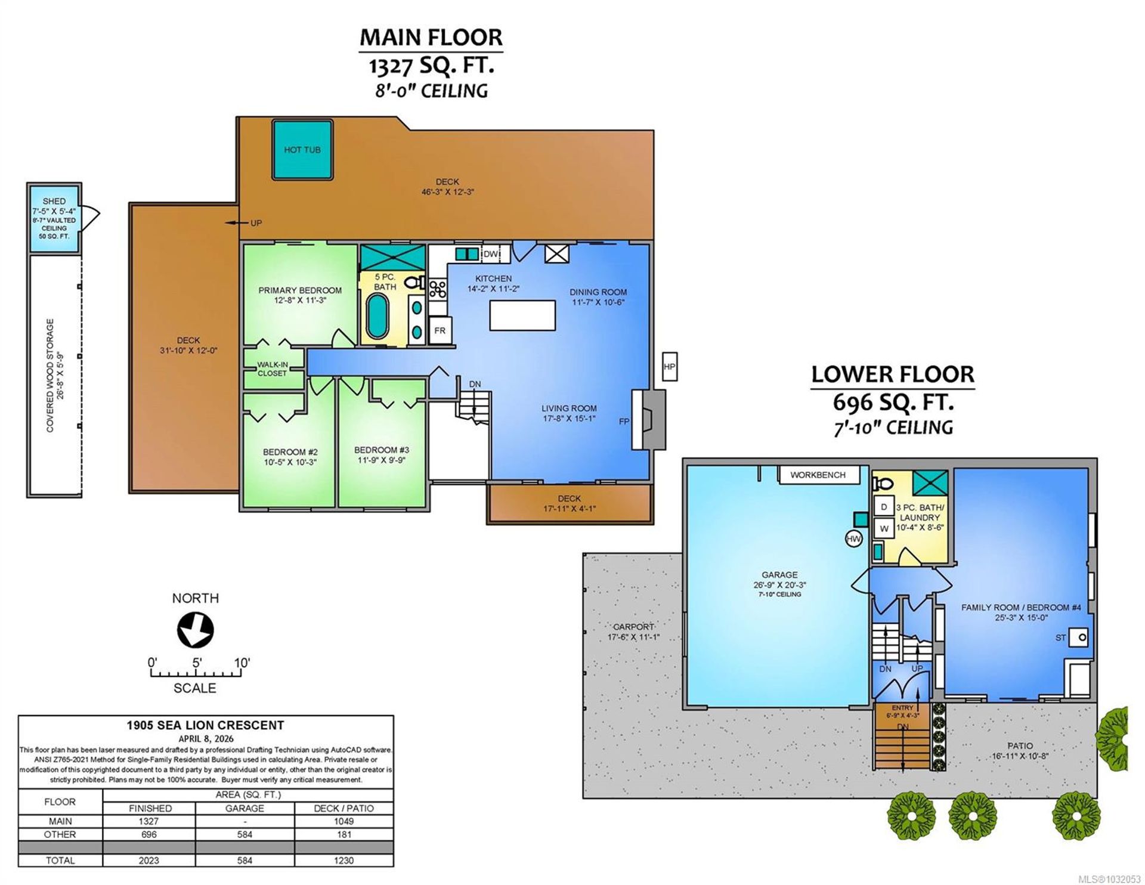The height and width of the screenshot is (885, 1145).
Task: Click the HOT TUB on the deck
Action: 302,150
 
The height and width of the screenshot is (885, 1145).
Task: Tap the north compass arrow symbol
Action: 195,630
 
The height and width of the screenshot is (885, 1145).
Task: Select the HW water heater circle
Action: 854,539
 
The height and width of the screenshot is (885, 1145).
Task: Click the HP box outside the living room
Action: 669,367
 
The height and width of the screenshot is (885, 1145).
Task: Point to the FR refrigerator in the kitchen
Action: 440,330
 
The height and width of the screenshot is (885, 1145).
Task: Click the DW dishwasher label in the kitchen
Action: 491,254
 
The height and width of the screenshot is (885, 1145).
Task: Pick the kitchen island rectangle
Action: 523,315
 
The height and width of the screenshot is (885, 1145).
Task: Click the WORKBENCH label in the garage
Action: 818,475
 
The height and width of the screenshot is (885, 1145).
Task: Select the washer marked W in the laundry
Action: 884,528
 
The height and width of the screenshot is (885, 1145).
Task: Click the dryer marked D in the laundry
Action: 884,507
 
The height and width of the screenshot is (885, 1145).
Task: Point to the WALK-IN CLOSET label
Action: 272,369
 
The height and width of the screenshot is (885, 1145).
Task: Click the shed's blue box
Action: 54,218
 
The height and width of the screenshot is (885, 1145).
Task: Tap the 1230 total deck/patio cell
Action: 343,860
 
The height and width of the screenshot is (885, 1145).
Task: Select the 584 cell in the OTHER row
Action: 245,834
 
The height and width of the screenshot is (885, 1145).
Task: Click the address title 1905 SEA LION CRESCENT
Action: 205,725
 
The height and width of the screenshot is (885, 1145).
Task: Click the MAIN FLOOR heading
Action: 431,37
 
